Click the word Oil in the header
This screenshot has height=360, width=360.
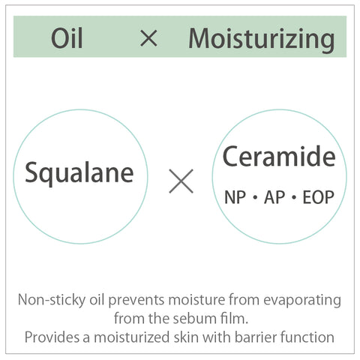[67, 38]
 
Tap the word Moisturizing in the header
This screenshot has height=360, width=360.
[262, 40]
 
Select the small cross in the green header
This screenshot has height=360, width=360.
[149, 38]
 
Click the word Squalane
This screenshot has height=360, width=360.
[79, 173]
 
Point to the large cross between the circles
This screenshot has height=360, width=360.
[181, 181]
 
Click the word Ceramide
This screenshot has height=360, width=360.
[279, 157]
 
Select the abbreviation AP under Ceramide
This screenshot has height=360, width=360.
[274, 197]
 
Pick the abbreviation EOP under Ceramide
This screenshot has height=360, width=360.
[318, 197]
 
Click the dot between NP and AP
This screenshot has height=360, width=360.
[255, 197]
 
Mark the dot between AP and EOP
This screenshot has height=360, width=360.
[294, 197]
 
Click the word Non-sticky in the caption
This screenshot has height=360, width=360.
[52, 300]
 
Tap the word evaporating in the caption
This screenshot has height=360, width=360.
[302, 301]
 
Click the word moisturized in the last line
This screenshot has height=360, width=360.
[132, 337]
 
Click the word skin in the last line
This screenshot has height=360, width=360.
[186, 337]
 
